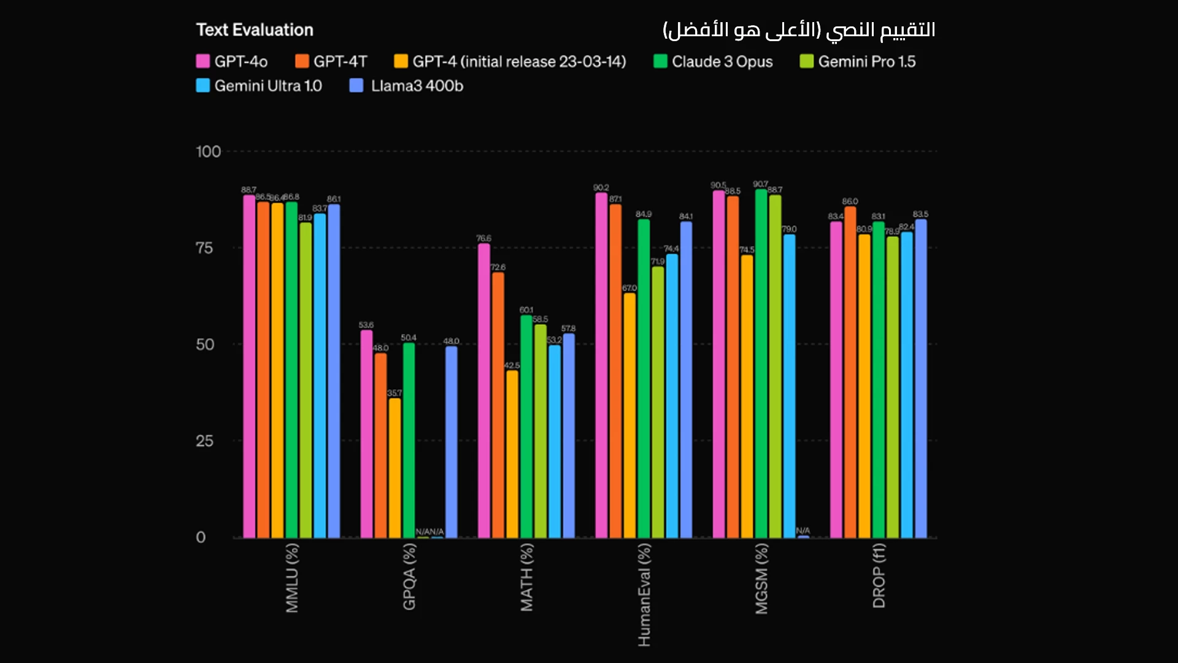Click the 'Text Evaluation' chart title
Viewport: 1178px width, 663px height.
pos(255,29)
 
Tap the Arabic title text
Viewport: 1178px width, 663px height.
pos(799,29)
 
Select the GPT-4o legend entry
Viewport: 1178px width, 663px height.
pos(232,61)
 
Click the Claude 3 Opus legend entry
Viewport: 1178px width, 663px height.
pos(713,61)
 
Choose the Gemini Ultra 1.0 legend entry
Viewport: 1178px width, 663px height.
pos(259,86)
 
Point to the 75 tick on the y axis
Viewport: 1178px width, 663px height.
pos(204,248)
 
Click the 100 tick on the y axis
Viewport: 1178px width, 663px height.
pos(208,152)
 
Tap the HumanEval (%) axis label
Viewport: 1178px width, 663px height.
pos(644,594)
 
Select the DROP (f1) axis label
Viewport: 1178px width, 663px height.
pos(879,576)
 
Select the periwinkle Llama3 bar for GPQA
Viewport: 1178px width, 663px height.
pos(451,442)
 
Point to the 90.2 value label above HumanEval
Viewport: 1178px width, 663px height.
pos(601,188)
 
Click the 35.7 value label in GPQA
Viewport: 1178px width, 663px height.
pos(395,393)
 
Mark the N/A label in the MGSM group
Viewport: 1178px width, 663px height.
pos(803,530)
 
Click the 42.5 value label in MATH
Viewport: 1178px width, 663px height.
pos(512,365)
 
